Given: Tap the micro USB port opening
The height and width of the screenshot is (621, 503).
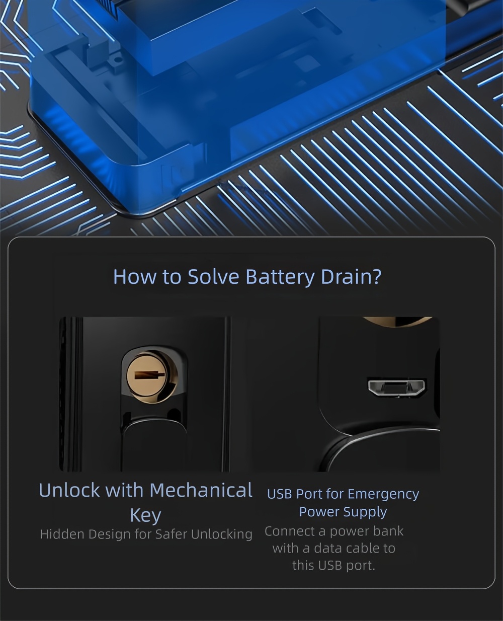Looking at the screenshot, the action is point(397,388).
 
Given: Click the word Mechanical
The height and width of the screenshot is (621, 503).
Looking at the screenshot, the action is point(201,490).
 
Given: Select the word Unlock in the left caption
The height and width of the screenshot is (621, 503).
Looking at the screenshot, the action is point(69,490).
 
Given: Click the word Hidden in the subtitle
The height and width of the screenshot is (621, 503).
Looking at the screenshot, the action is point(63,534).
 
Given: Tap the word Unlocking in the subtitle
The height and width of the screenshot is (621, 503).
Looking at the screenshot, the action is point(221,534).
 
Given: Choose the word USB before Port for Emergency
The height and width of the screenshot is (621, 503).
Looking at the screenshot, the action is point(280,495).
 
